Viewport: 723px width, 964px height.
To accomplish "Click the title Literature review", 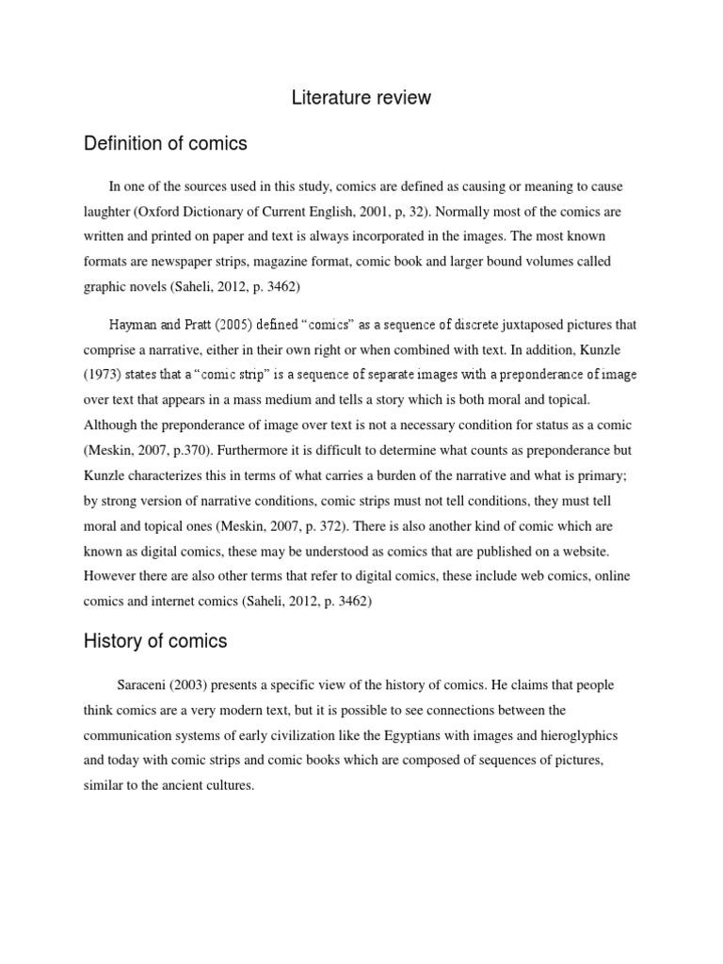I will click(361, 97).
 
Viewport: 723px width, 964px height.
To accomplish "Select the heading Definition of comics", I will click(166, 143).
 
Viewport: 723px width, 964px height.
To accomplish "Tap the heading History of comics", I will click(155, 641).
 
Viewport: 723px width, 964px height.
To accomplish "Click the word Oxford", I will click(199, 211).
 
